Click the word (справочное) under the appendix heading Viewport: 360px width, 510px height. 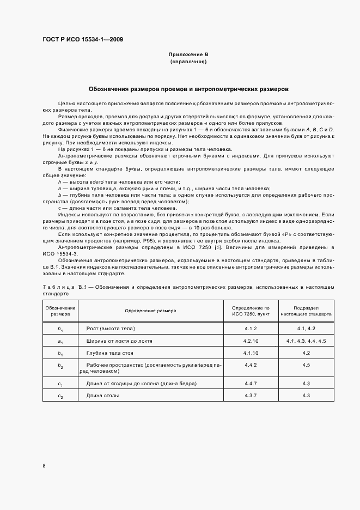(x=188, y=62)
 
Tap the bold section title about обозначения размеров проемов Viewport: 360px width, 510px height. (x=188, y=88)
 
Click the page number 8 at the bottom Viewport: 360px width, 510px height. (x=44, y=465)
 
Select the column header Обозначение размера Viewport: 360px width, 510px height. (x=60, y=311)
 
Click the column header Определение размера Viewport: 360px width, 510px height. (x=150, y=311)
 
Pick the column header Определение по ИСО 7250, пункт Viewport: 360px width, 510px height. (x=251, y=311)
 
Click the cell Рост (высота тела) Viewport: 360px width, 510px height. (x=110, y=329)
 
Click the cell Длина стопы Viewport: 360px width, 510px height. (x=102, y=396)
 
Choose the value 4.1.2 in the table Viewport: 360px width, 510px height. (x=251, y=329)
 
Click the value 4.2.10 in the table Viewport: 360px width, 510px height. (x=251, y=341)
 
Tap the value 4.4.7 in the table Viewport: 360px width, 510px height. (x=251, y=384)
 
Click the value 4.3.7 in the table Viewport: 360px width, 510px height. (x=251, y=396)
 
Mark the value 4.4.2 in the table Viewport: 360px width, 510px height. (x=251, y=365)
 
